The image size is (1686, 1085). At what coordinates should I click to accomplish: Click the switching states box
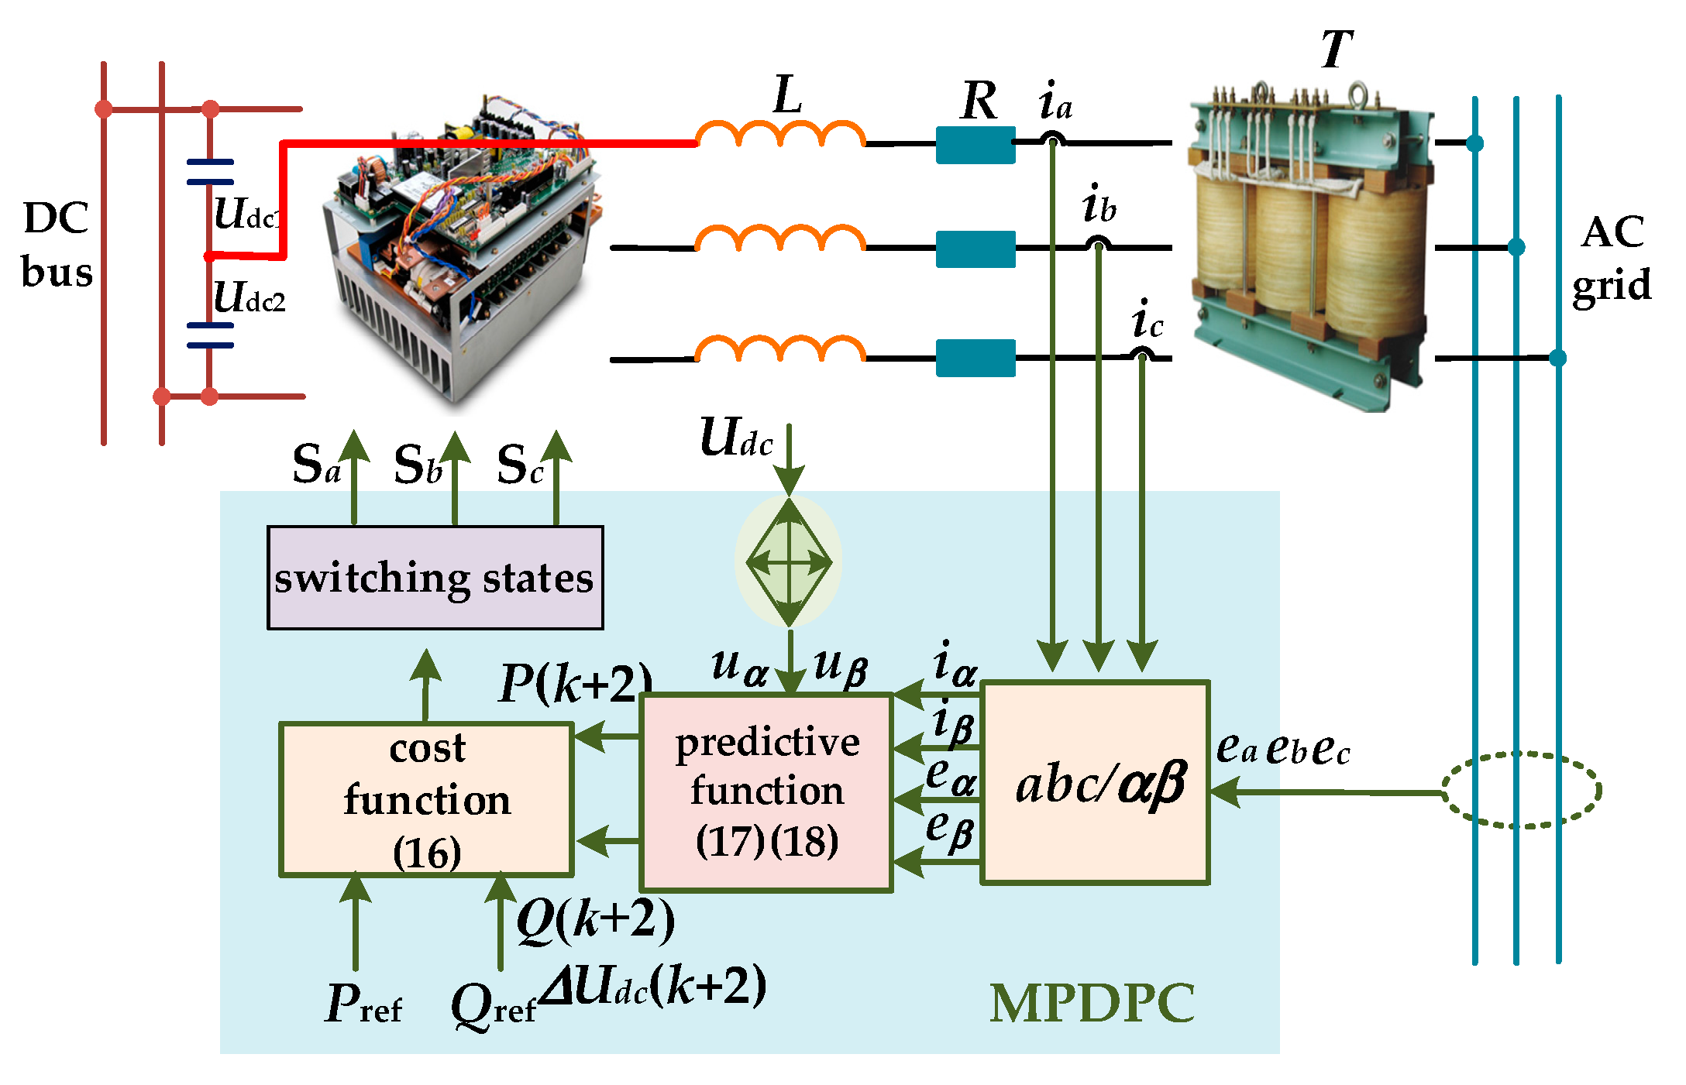click(435, 578)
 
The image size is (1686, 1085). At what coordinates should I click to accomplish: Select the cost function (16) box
click(426, 799)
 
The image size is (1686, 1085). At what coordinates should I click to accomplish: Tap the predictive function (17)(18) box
click(766, 791)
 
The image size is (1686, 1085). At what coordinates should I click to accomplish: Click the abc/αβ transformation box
click(1095, 782)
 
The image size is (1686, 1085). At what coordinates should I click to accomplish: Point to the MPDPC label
click(1092, 1004)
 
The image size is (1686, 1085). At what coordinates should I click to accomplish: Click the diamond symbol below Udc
click(789, 562)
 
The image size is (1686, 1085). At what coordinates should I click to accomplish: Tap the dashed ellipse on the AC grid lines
click(1520, 790)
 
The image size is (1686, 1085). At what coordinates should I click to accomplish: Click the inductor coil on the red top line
click(779, 136)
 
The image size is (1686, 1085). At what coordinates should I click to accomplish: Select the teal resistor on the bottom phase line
click(975, 358)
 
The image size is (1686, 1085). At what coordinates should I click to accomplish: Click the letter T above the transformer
click(1337, 50)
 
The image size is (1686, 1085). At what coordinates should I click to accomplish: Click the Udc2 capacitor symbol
click(210, 335)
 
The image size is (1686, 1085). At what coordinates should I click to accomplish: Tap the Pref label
click(363, 1004)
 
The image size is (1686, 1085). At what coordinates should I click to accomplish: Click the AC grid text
click(1612, 259)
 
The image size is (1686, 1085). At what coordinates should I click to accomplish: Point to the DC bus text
click(57, 245)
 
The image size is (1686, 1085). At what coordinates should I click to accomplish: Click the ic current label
click(1147, 320)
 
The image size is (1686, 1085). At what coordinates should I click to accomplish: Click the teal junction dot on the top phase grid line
click(1474, 143)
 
